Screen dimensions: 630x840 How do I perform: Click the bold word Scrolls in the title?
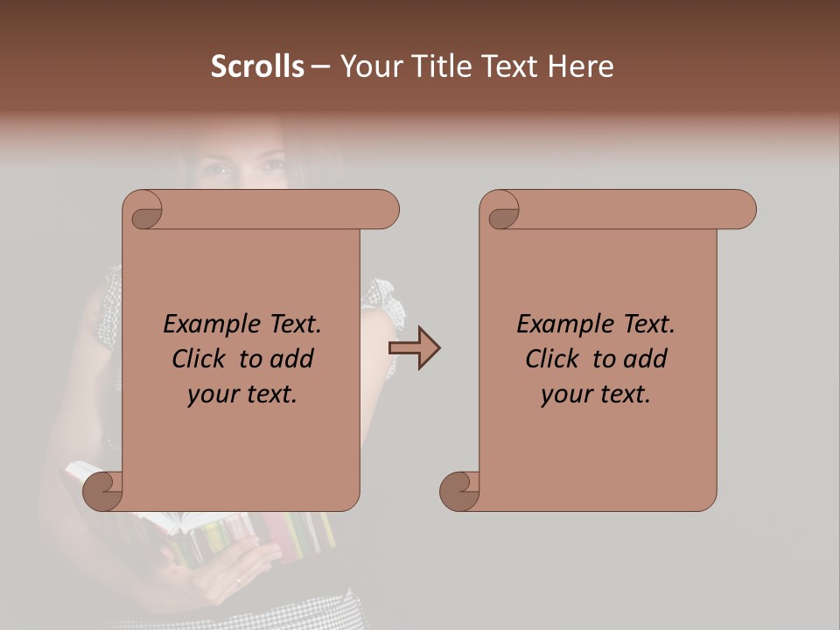click(x=257, y=66)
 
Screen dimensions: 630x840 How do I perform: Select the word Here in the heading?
click(x=581, y=66)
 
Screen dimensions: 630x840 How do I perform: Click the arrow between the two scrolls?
click(x=414, y=348)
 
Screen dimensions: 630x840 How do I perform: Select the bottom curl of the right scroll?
click(x=460, y=490)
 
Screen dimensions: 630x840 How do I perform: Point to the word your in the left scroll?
click(x=211, y=395)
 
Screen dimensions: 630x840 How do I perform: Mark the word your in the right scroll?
click(x=564, y=395)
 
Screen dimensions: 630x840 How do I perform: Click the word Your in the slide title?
click(x=369, y=66)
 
